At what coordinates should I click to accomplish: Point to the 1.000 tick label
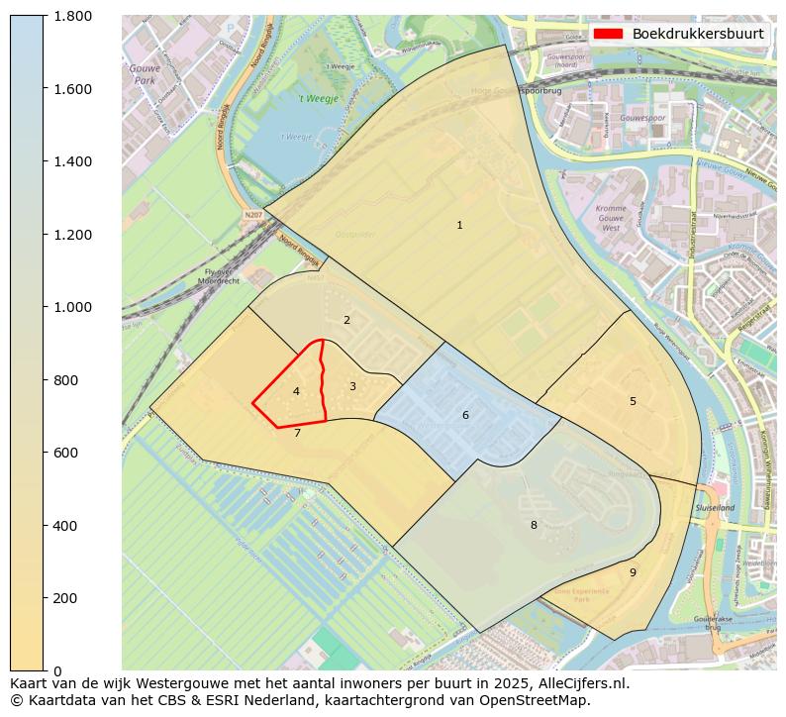(x=72, y=307)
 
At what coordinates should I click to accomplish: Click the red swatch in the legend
(x=608, y=34)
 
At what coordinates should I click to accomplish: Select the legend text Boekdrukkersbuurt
(x=698, y=34)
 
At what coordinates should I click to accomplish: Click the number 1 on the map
(x=459, y=226)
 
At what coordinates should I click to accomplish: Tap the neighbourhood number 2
(x=346, y=320)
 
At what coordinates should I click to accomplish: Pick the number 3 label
(x=352, y=386)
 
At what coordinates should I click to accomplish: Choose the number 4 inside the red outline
(x=296, y=392)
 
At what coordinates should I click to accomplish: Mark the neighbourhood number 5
(x=633, y=401)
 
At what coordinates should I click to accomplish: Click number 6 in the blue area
(x=465, y=415)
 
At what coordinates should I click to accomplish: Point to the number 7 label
(x=297, y=433)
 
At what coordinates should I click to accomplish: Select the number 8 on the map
(x=534, y=525)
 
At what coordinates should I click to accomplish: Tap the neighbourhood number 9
(x=633, y=572)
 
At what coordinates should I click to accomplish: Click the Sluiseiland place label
(x=715, y=507)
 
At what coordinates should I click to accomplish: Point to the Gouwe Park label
(x=145, y=74)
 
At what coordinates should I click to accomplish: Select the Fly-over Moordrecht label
(x=218, y=276)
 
